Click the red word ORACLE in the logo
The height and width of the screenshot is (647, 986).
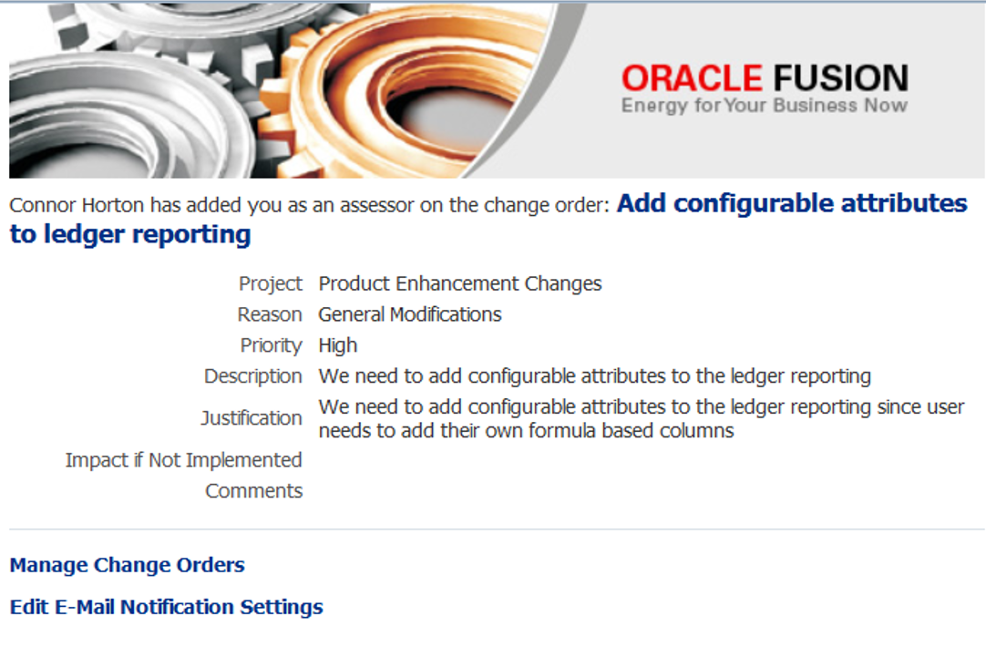693,78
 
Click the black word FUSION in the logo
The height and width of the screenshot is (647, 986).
841,78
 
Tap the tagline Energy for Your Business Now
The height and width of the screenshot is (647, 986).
765,106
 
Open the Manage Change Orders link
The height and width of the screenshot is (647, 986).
127,565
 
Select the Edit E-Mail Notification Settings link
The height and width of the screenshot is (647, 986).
166,608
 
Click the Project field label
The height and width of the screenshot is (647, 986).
271,284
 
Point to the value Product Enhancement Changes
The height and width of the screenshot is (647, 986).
460,284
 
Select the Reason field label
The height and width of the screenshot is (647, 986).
270,314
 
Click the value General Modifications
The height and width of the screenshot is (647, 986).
410,314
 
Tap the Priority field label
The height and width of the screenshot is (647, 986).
271,345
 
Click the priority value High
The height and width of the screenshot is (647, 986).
338,345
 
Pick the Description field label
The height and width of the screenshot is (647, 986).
252,376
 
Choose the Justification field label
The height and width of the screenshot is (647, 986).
252,418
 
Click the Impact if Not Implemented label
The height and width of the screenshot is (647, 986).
183,460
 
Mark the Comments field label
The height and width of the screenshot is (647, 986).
254,491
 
